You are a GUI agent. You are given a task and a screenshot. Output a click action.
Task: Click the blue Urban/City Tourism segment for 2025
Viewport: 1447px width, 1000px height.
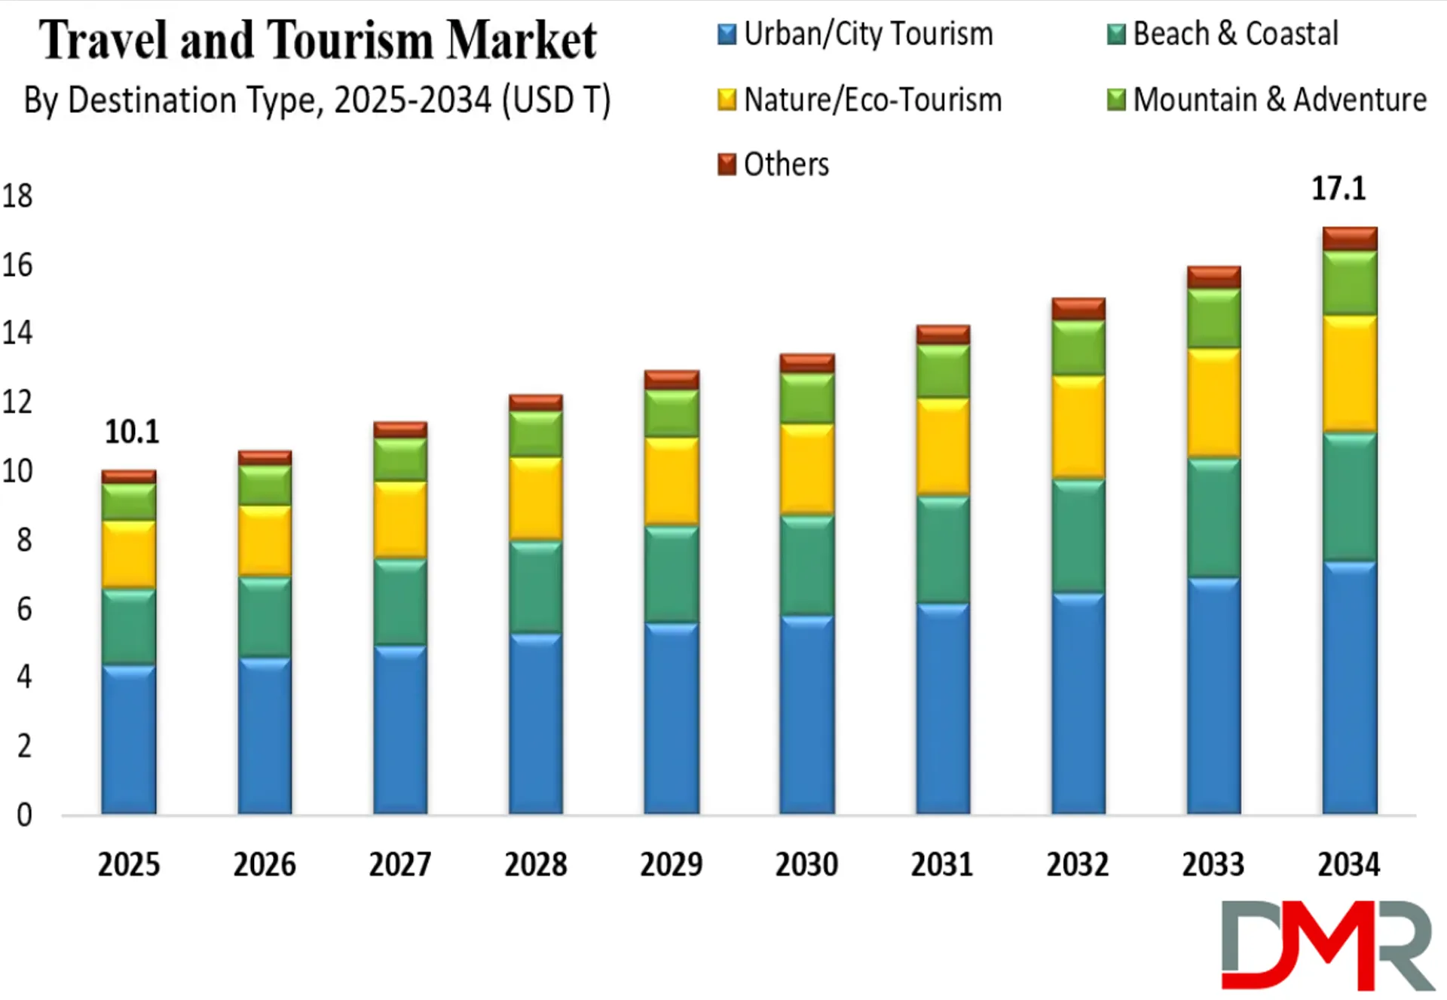129,739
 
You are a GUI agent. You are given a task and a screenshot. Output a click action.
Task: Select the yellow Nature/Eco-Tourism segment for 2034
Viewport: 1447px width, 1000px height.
1350,374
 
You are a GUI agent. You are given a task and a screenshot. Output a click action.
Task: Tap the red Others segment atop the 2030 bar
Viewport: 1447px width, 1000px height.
807,363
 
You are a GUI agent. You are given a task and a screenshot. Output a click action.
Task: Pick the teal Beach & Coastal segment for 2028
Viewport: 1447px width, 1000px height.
536,587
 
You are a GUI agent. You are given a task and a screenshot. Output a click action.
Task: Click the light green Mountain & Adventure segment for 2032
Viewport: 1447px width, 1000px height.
1078,348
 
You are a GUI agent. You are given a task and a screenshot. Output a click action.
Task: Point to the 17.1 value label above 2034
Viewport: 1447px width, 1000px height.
1338,188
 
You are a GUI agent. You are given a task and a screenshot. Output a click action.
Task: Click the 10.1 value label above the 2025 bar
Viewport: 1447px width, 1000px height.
132,432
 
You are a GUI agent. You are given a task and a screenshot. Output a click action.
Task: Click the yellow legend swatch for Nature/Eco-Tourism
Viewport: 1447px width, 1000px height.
727,99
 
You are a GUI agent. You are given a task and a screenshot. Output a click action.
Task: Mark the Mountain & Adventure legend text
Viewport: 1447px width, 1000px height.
1280,99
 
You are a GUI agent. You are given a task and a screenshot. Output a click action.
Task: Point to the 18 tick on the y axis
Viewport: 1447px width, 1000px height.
17,196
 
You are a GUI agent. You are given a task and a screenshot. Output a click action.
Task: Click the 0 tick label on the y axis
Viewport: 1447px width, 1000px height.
24,815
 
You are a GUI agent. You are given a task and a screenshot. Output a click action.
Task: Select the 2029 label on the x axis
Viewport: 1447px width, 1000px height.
671,864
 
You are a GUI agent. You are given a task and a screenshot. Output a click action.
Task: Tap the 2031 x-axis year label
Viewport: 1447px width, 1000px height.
942,864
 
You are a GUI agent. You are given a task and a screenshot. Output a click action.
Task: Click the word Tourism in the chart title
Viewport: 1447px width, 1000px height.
350,39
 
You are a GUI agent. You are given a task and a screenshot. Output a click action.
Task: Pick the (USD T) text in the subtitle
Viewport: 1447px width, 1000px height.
556,100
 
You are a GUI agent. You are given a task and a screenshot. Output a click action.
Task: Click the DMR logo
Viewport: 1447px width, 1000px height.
1326,945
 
